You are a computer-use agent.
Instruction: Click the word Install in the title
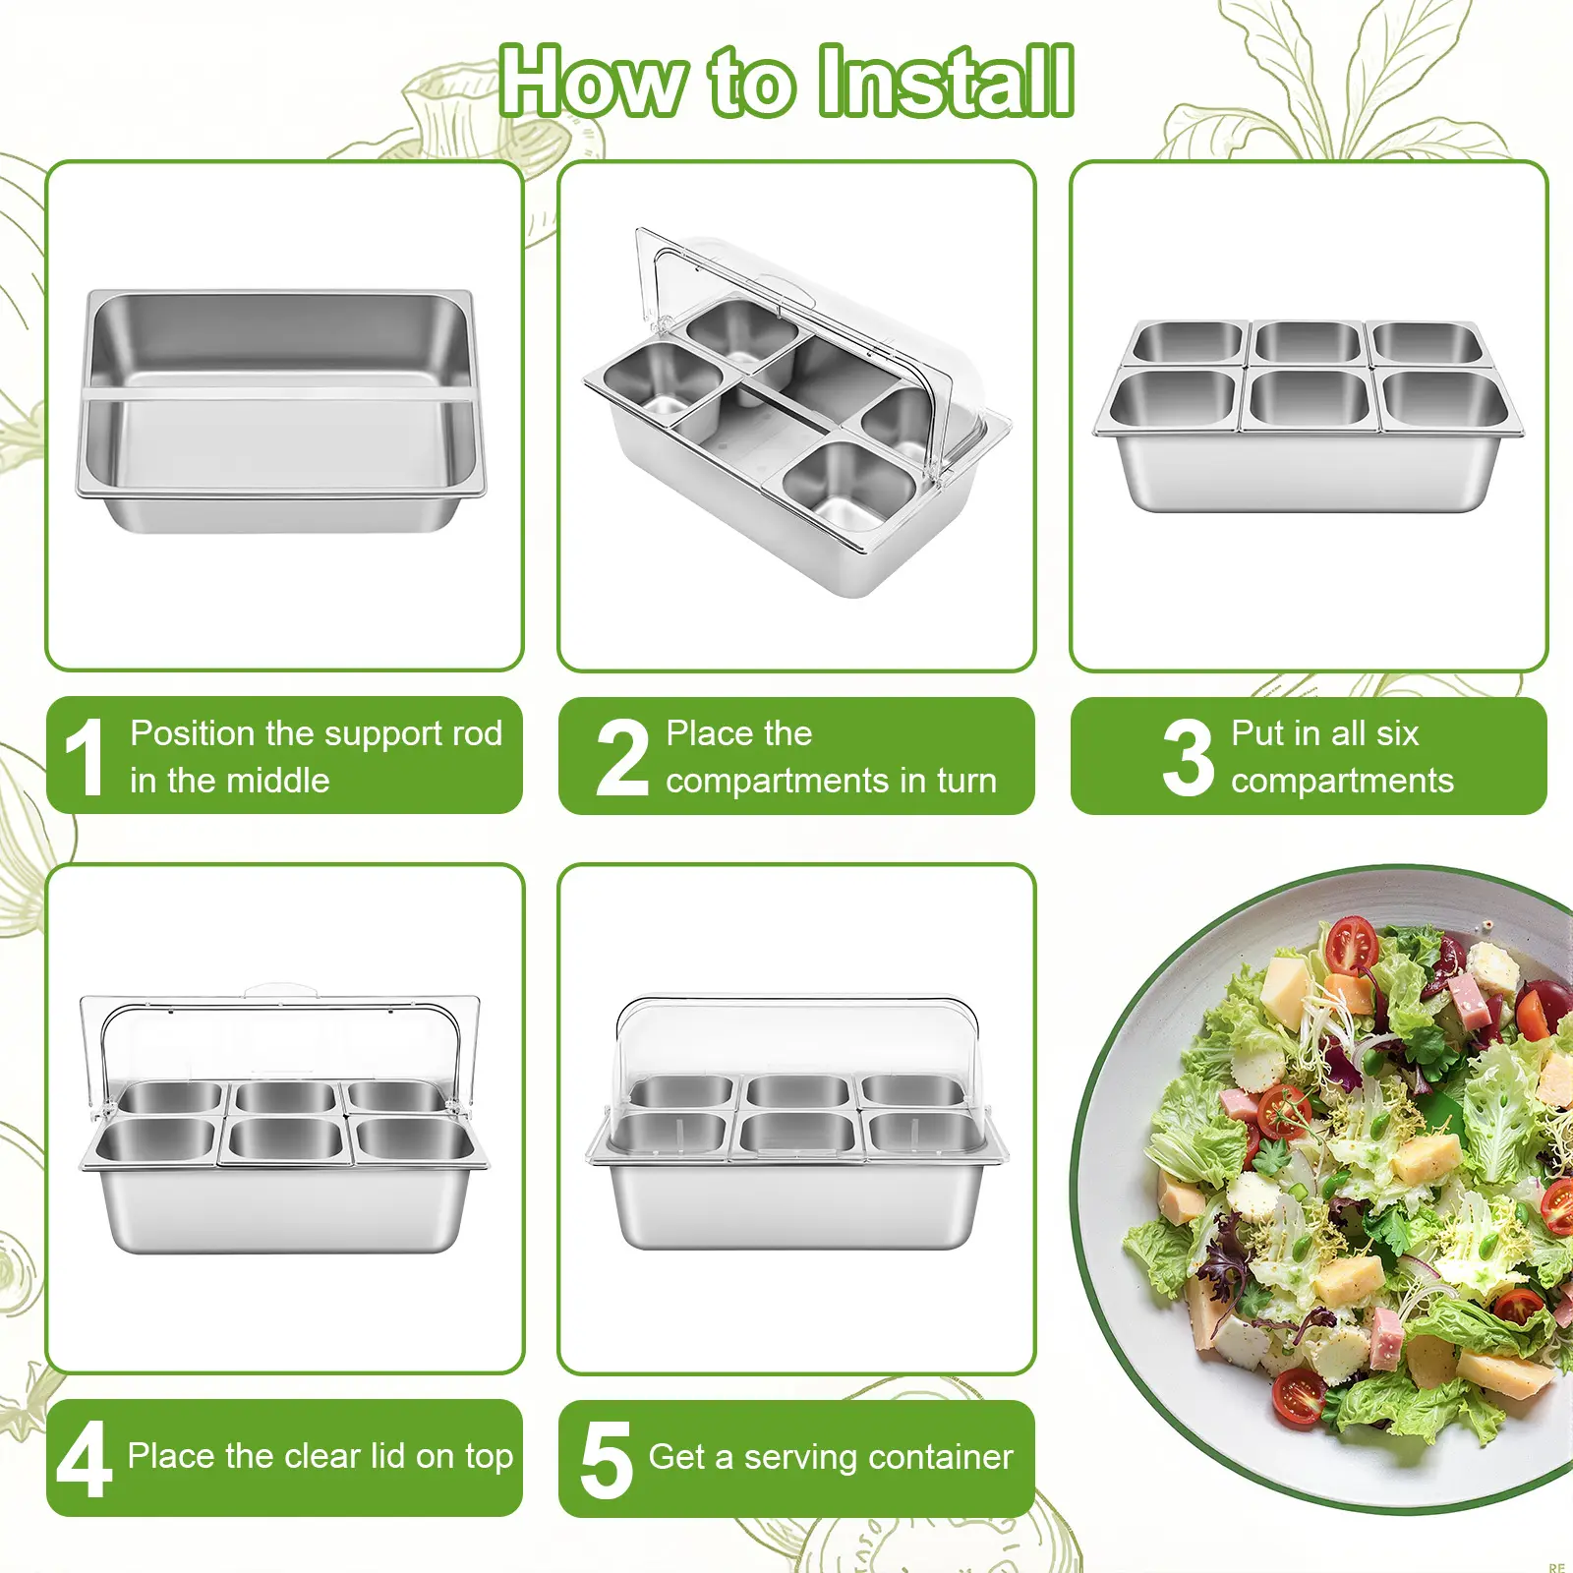point(946,81)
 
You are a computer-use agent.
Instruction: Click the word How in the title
point(594,81)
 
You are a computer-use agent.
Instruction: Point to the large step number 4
point(84,1460)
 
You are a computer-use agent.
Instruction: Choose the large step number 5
point(607,1461)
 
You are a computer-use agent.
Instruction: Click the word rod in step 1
point(477,733)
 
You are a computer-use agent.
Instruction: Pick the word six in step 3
point(1397,733)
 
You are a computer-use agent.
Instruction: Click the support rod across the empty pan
point(280,394)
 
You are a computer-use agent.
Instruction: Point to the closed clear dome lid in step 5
point(797,1042)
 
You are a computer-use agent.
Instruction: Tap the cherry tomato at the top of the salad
point(1351,944)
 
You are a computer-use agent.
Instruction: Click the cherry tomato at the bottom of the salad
point(1299,1395)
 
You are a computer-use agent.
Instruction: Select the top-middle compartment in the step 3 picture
point(1309,342)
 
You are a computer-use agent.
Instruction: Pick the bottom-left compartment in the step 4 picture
point(155,1140)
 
